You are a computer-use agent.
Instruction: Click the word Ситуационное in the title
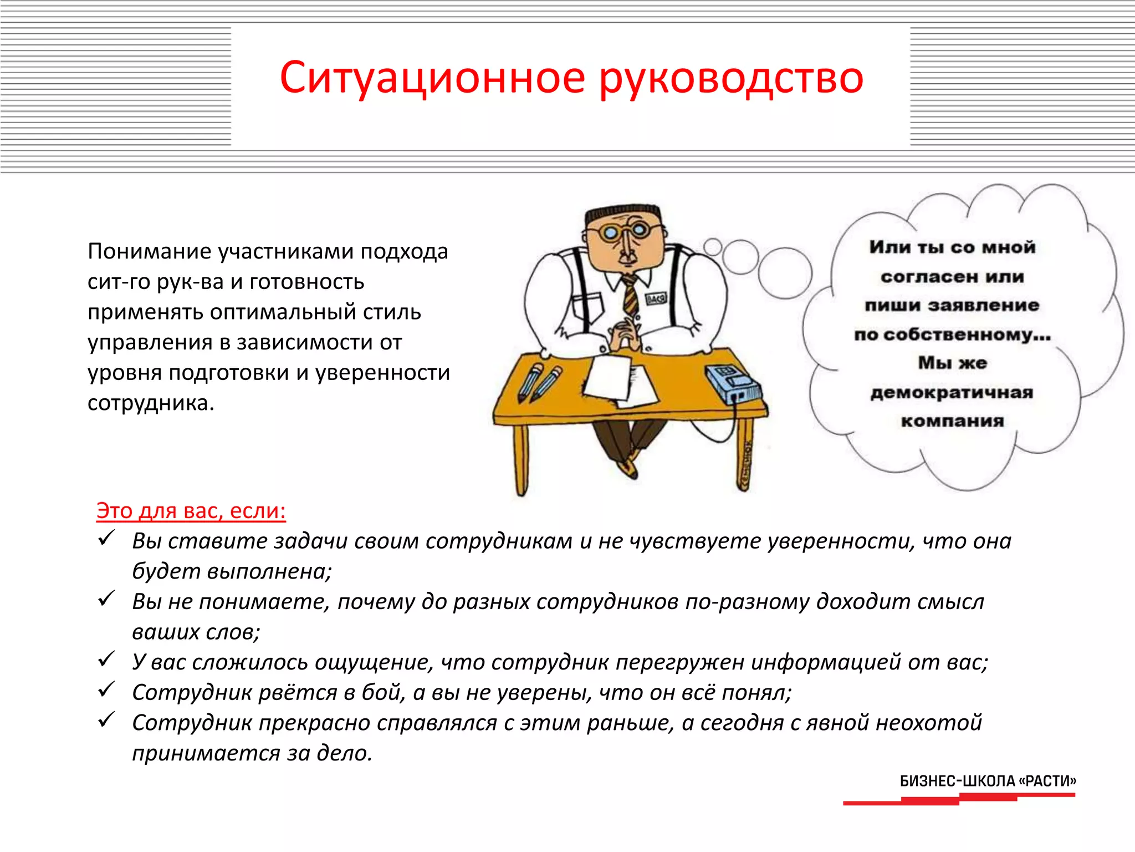pyautogui.click(x=432, y=78)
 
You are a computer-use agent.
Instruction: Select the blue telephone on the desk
pyautogui.click(x=733, y=383)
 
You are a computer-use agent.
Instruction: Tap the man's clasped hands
pyautogui.click(x=625, y=333)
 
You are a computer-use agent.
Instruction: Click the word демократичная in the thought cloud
pyautogui.click(x=952, y=393)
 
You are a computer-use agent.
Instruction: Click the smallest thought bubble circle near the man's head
pyautogui.click(x=713, y=246)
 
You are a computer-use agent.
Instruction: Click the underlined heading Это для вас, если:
pyautogui.click(x=191, y=510)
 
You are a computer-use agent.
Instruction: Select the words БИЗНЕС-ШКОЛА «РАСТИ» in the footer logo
pyautogui.click(x=988, y=781)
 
